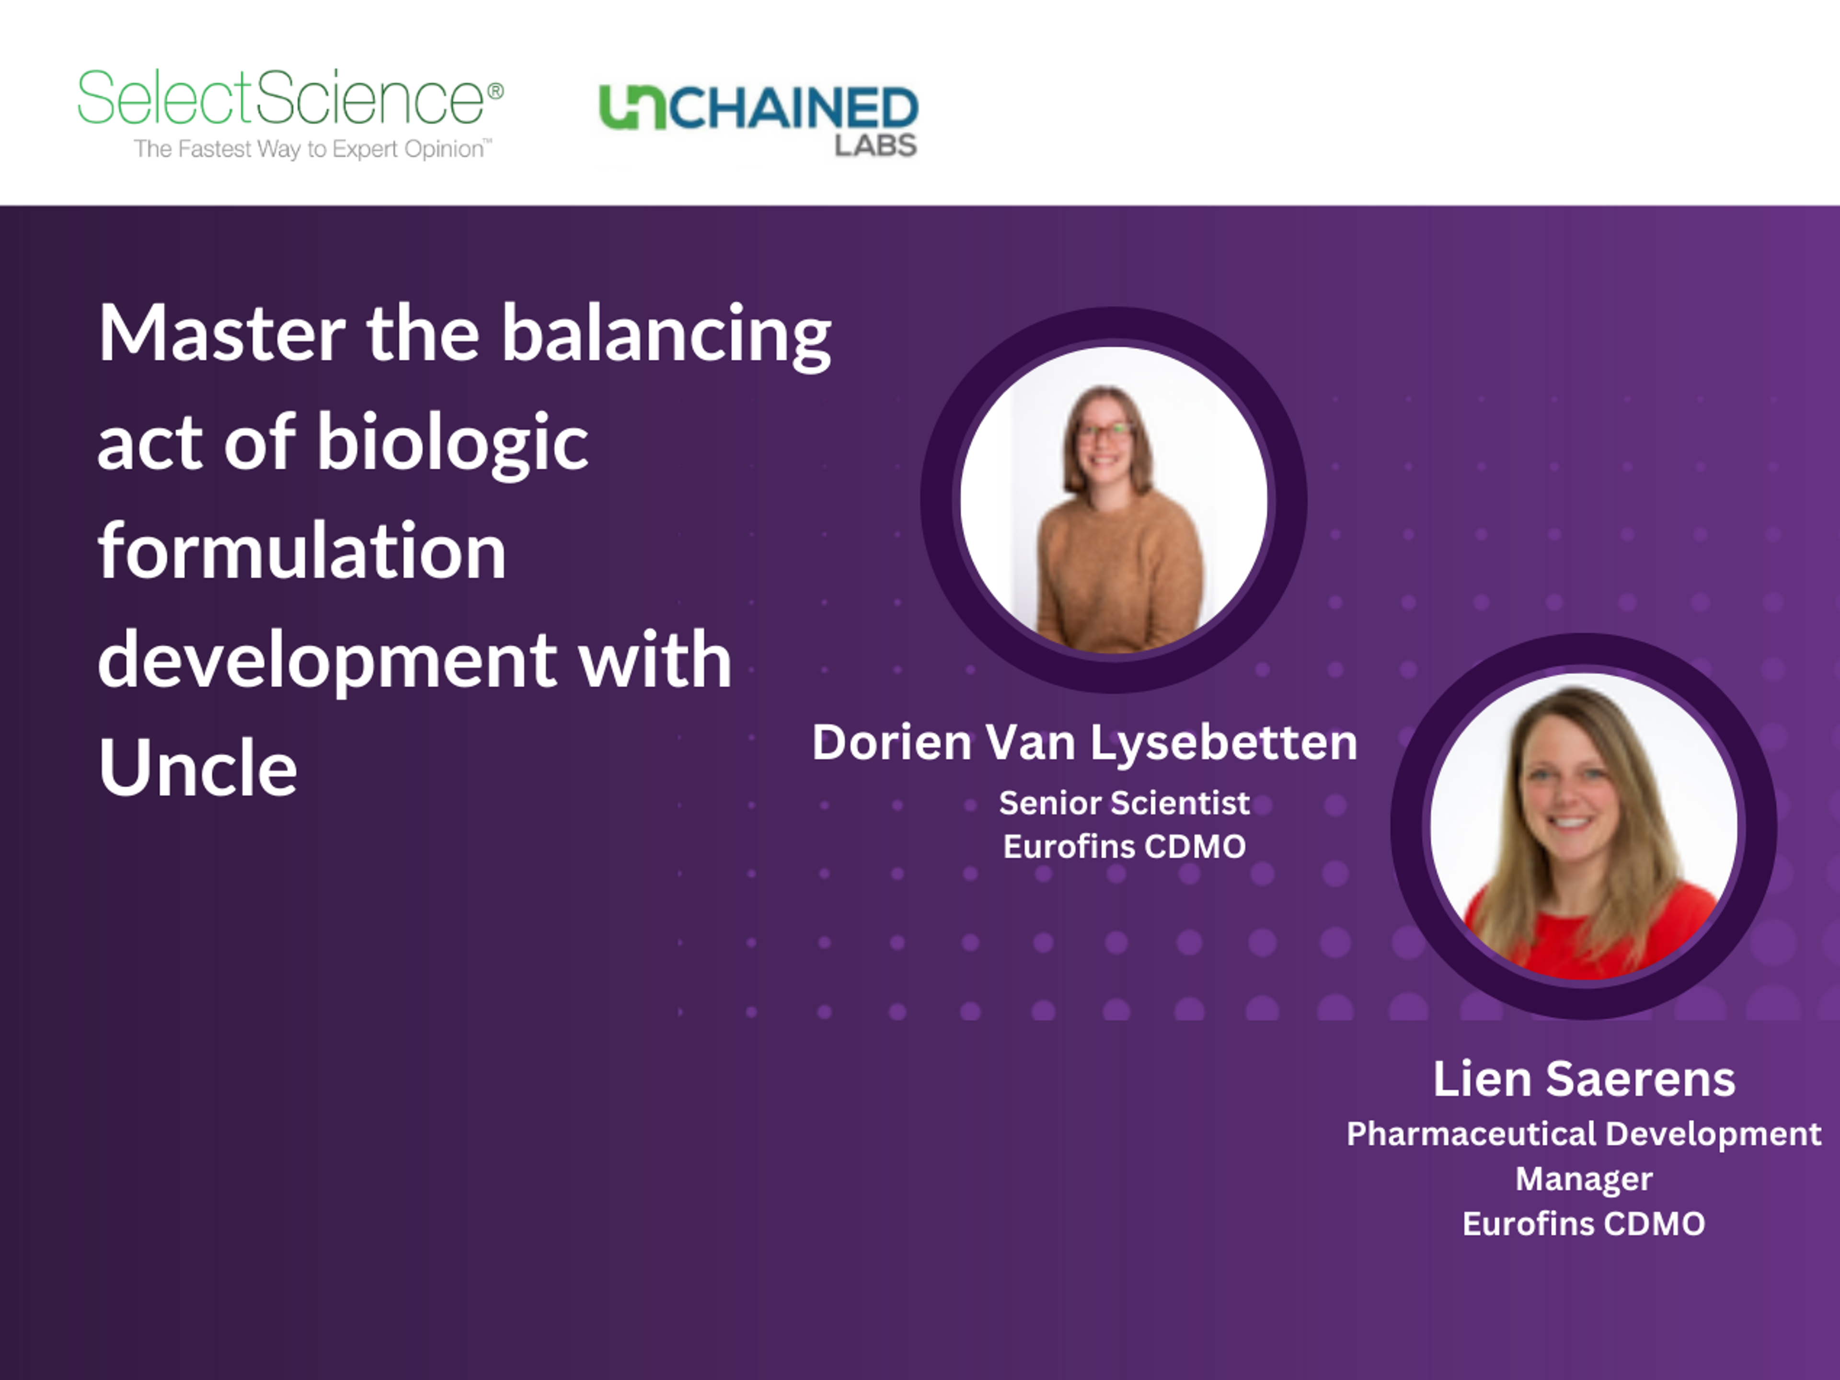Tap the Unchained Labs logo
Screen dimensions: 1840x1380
(758, 120)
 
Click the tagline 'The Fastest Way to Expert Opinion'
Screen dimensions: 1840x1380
(313, 149)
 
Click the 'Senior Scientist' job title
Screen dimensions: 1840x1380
(1124, 803)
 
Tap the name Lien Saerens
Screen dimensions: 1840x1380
(1584, 1079)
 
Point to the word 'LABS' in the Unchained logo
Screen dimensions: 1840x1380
(876, 146)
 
